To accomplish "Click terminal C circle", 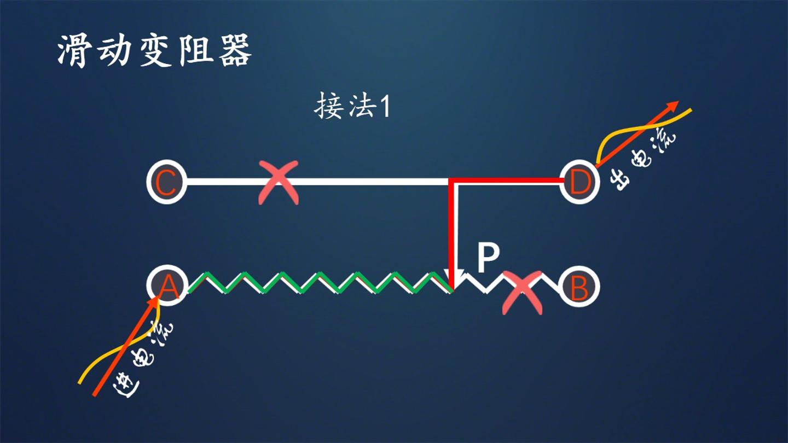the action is pyautogui.click(x=167, y=182).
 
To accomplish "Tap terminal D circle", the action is pyautogui.click(x=580, y=182).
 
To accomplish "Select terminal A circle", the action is pyautogui.click(x=167, y=285).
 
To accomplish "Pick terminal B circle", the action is pyautogui.click(x=579, y=287).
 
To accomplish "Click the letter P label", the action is pyautogui.click(x=488, y=258).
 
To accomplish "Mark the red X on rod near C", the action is pyautogui.click(x=278, y=183).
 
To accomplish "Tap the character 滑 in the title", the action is pyautogui.click(x=72, y=50).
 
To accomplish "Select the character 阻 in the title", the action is pyautogui.click(x=195, y=50).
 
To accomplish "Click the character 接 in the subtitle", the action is pyautogui.click(x=327, y=106).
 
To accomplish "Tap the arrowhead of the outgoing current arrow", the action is pyautogui.click(x=673, y=106).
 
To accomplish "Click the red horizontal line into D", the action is pyautogui.click(x=507, y=180).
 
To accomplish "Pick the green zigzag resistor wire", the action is pyautogui.click(x=320, y=282).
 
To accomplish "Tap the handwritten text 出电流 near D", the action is pyautogui.click(x=642, y=162).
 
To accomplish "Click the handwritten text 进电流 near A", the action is pyautogui.click(x=142, y=360).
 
